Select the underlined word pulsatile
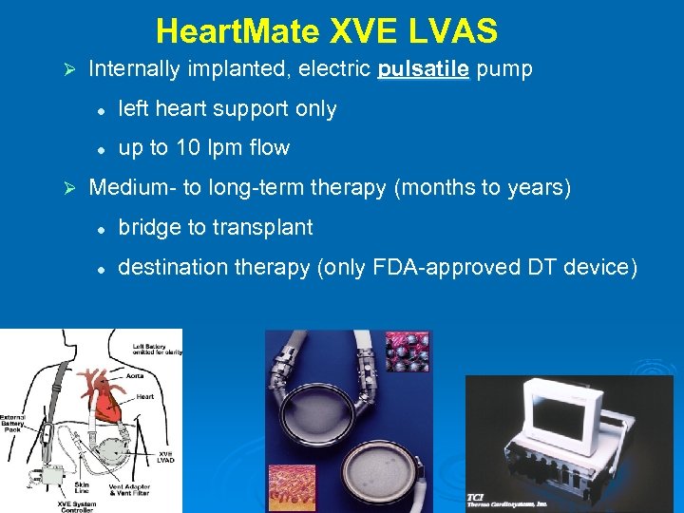[x=424, y=69]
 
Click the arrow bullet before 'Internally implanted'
[x=67, y=70]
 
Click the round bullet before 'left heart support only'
[x=99, y=110]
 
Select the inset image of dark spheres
[x=408, y=351]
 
